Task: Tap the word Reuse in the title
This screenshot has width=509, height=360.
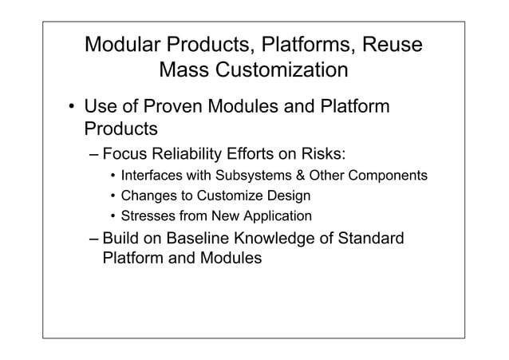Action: tap(389, 43)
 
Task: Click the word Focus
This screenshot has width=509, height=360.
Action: tap(129, 154)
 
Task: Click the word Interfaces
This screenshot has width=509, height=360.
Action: tap(150, 176)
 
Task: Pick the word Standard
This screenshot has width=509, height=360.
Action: tap(375, 239)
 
